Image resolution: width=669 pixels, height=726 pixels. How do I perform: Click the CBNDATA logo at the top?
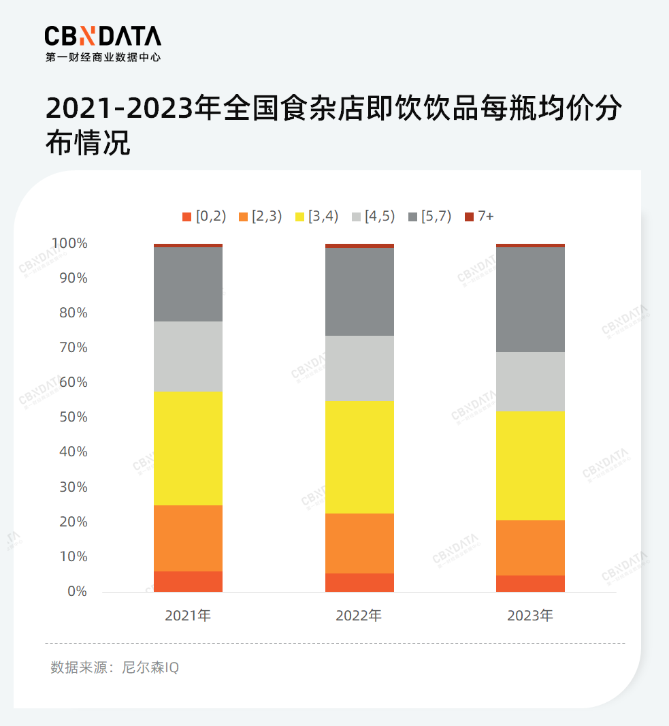click(103, 35)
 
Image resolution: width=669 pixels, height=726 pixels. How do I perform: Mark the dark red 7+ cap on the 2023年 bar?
click(530, 245)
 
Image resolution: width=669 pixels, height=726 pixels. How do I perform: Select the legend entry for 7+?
click(480, 217)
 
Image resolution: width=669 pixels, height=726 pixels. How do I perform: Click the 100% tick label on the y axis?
click(69, 243)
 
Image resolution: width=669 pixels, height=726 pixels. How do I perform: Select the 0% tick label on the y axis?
click(78, 591)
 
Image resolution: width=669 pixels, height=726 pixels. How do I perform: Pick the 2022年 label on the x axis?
click(359, 616)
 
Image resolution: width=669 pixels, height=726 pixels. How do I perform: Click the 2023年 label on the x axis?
click(530, 616)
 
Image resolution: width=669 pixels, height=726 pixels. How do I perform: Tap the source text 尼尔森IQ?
click(150, 667)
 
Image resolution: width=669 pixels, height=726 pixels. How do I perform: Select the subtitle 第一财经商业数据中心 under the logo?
click(103, 58)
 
